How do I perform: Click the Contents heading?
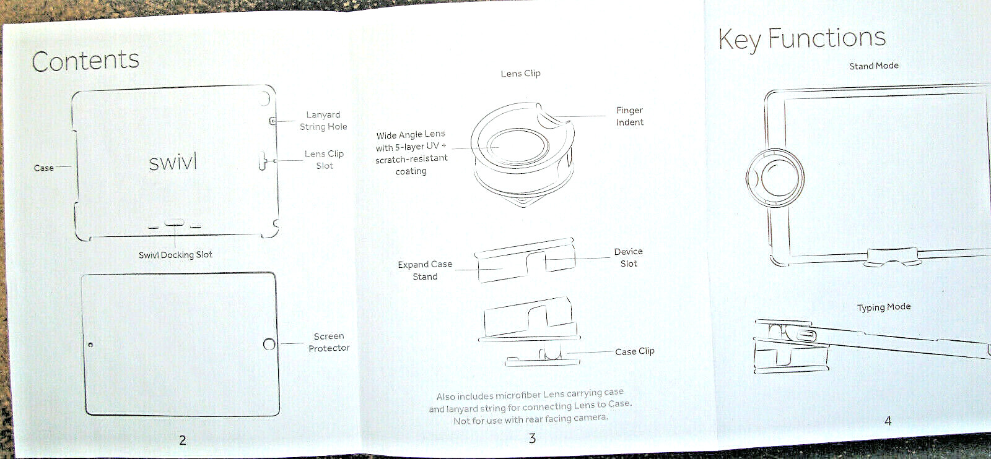(x=85, y=61)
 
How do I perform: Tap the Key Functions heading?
(x=802, y=39)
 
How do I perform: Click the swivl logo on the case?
(x=173, y=162)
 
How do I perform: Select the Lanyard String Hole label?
(x=323, y=121)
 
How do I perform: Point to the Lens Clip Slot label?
(x=324, y=160)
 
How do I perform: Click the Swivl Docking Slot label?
(x=175, y=254)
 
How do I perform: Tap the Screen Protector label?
(x=329, y=342)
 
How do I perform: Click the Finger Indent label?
(x=630, y=116)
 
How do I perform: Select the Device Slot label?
(x=628, y=257)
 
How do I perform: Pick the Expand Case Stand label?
(x=425, y=270)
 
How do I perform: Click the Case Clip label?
(x=635, y=351)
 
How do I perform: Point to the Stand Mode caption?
(x=873, y=66)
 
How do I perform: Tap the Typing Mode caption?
(x=883, y=307)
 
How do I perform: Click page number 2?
(x=183, y=440)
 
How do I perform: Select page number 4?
(x=888, y=421)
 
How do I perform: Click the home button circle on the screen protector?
(x=269, y=344)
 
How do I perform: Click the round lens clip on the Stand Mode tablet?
(x=775, y=178)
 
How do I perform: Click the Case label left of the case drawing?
(x=43, y=168)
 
